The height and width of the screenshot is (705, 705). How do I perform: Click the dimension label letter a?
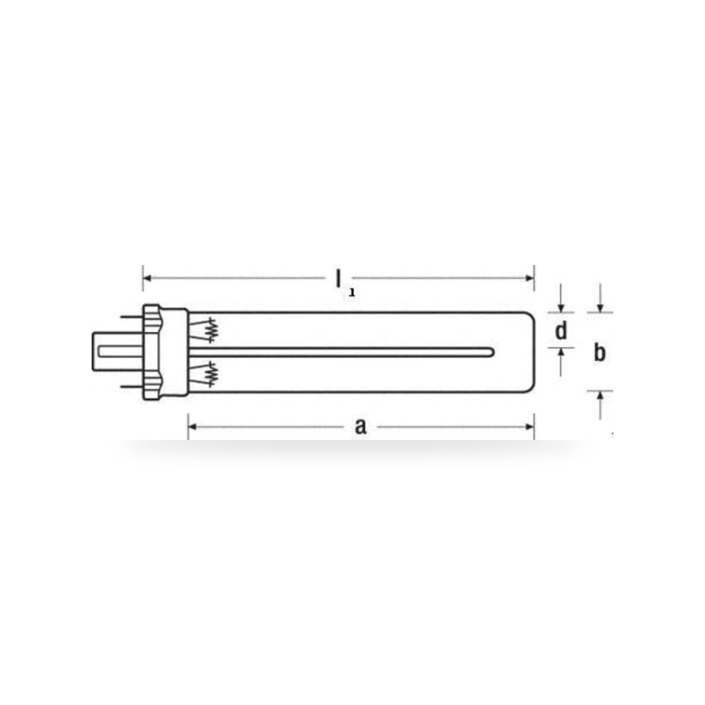pyautogui.click(x=360, y=427)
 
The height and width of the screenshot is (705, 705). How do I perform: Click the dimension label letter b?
pyautogui.click(x=599, y=352)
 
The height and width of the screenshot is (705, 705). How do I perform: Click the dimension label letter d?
pyautogui.click(x=560, y=331)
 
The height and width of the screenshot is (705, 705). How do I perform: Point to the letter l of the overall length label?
pyautogui.click(x=338, y=278)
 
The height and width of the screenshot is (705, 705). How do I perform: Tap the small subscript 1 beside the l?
pyautogui.click(x=352, y=293)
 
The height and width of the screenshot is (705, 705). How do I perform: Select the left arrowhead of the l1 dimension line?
pyautogui.click(x=147, y=278)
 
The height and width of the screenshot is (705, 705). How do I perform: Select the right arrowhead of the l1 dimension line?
pyautogui.click(x=530, y=278)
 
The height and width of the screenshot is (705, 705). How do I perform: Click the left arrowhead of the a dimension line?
pyautogui.click(x=192, y=427)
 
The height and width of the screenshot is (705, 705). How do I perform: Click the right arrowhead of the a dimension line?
pyautogui.click(x=530, y=427)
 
